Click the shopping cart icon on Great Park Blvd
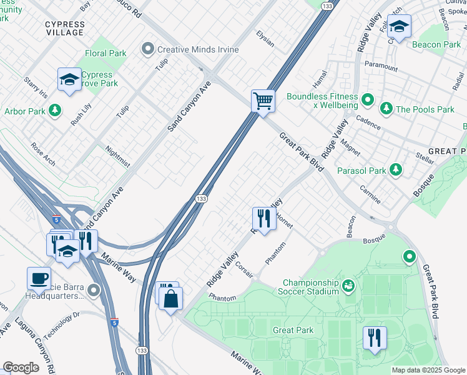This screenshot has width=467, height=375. pos(263,101)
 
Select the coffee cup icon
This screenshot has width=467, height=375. pos(39,278)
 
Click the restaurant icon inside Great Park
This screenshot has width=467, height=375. pos(375,337)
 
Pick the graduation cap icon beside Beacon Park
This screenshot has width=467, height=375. pos(400,27)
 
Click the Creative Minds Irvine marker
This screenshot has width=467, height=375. pos(148,48)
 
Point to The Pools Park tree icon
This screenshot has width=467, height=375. pos(386,109)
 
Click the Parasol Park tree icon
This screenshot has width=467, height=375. pos(395,170)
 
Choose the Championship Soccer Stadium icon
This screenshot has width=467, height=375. pos(348,286)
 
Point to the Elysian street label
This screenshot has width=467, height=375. pos(265,39)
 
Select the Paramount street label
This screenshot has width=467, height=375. pos(381,67)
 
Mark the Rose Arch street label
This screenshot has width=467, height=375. pos(43,154)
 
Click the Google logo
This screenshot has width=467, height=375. pos(21,367)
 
